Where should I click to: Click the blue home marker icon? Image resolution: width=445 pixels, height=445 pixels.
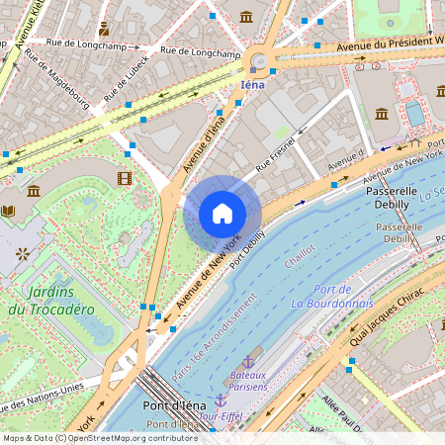(x=222, y=214)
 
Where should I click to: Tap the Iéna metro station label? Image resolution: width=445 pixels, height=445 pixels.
(x=254, y=85)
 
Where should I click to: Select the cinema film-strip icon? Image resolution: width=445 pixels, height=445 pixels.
(x=124, y=178)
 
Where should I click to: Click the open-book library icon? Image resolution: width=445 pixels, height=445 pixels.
(x=9, y=211)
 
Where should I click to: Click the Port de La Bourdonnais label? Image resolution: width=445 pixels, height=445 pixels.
(x=331, y=296)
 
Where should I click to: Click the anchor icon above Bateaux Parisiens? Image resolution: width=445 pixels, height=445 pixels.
(x=248, y=363)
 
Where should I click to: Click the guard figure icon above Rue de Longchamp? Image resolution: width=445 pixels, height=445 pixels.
(x=104, y=29)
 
